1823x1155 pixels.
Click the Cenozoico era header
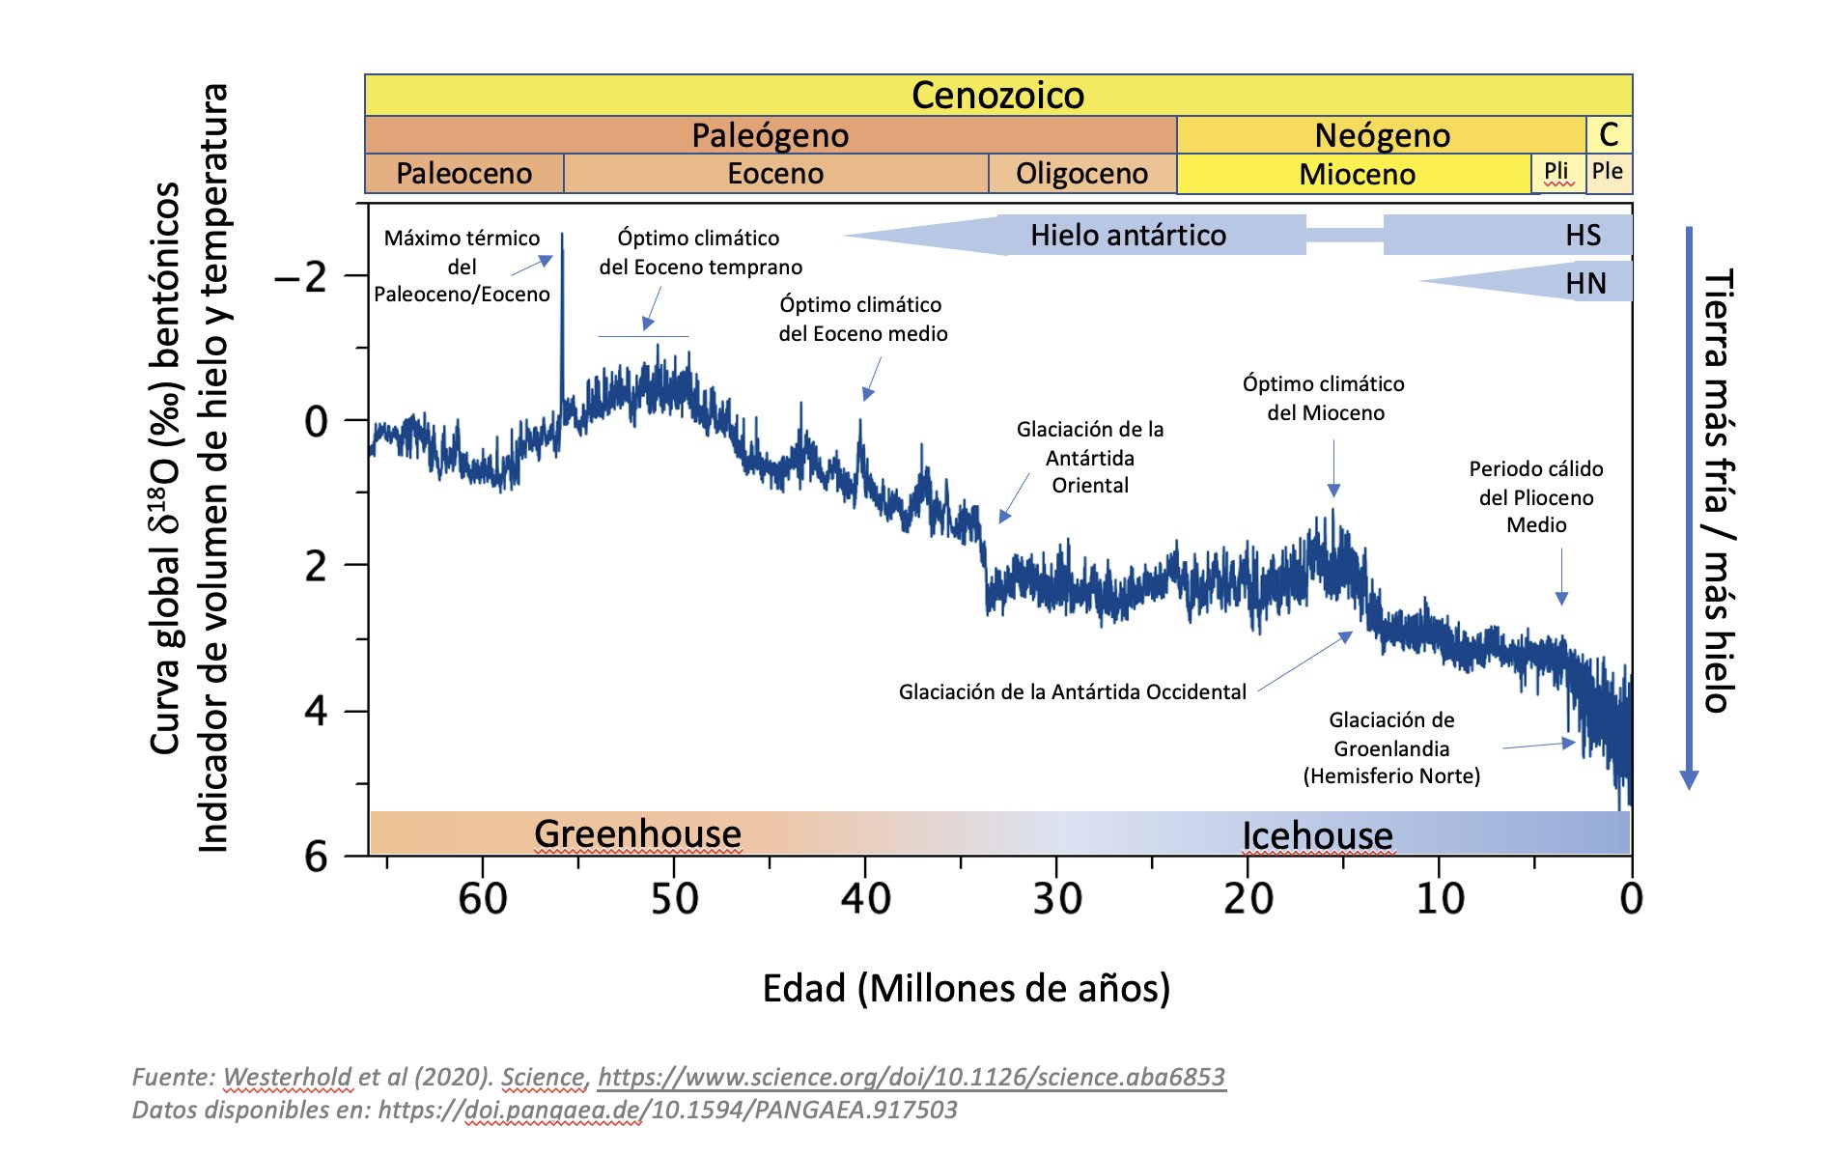[x=997, y=95]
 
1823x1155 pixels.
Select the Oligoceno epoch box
[x=1081, y=174]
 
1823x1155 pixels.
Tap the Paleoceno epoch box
[x=463, y=174]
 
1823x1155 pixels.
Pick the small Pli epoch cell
[x=1557, y=172]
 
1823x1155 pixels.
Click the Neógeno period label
[x=1382, y=135]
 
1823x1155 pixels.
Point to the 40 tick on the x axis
[x=865, y=899]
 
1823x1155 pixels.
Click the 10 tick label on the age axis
[x=1439, y=899]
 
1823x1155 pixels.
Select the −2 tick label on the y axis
[x=300, y=278]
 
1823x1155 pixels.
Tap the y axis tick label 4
[x=316, y=712]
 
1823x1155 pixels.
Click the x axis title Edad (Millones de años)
[x=966, y=988]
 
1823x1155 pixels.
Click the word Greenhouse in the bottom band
[x=637, y=833]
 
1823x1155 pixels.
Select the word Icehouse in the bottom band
[x=1317, y=835]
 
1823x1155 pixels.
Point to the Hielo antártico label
[x=1128, y=235]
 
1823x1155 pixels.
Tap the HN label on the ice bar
[x=1585, y=283]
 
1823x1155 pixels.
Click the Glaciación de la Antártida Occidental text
[x=1072, y=691]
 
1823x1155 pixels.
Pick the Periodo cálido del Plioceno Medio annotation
[x=1535, y=496]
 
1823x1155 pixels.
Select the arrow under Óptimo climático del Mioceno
[x=1333, y=467]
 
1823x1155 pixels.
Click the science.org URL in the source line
[x=911, y=1077]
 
